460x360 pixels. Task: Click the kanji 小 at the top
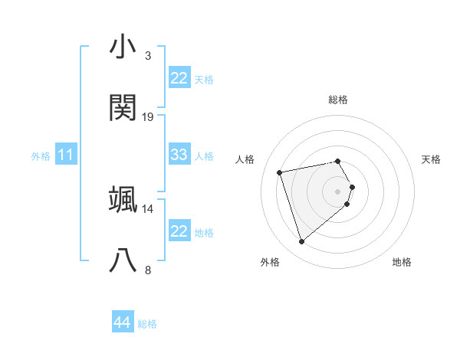(123, 47)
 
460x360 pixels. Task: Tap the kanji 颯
(123, 200)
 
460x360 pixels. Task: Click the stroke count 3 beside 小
(147, 56)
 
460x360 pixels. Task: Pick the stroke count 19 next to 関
(148, 116)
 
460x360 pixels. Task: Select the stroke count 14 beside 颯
(148, 208)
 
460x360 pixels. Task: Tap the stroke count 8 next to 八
(147, 270)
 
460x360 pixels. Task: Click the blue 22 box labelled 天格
(179, 78)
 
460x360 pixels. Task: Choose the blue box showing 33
(179, 155)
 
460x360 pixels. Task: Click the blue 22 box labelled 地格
(179, 231)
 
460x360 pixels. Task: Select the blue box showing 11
(66, 155)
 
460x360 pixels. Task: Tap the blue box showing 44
(122, 323)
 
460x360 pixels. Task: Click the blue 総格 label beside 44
(147, 325)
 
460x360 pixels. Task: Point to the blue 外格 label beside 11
(41, 156)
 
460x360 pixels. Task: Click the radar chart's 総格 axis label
(338, 100)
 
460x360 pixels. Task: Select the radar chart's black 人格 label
(245, 159)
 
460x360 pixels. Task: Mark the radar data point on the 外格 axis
(302, 242)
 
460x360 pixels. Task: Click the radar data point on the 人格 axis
(281, 172)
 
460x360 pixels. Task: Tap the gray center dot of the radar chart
(338, 190)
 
